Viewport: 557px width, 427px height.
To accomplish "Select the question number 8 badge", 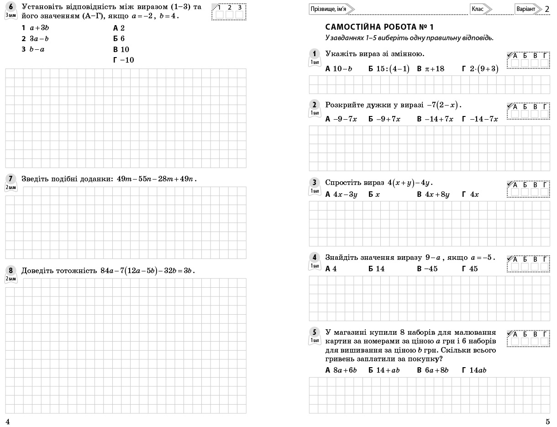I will click(x=11, y=270).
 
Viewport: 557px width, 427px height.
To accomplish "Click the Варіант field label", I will click(x=525, y=9).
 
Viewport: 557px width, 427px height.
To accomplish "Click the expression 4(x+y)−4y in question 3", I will click(x=410, y=183).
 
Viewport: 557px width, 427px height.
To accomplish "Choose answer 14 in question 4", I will click(x=380, y=269).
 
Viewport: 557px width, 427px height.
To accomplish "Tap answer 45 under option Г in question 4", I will click(x=473, y=269).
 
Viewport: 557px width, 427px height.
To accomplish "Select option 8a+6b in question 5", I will click(x=345, y=370).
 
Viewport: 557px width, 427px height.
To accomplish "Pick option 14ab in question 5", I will click(x=478, y=370).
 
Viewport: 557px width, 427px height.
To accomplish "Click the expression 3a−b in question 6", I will click(x=39, y=38).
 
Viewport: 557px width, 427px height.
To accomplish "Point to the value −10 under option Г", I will click(x=127, y=60).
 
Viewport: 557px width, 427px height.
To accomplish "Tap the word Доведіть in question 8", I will click(x=37, y=271).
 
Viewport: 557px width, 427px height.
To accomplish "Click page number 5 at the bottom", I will click(x=547, y=422).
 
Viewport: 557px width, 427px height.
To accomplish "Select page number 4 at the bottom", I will click(x=7, y=422).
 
